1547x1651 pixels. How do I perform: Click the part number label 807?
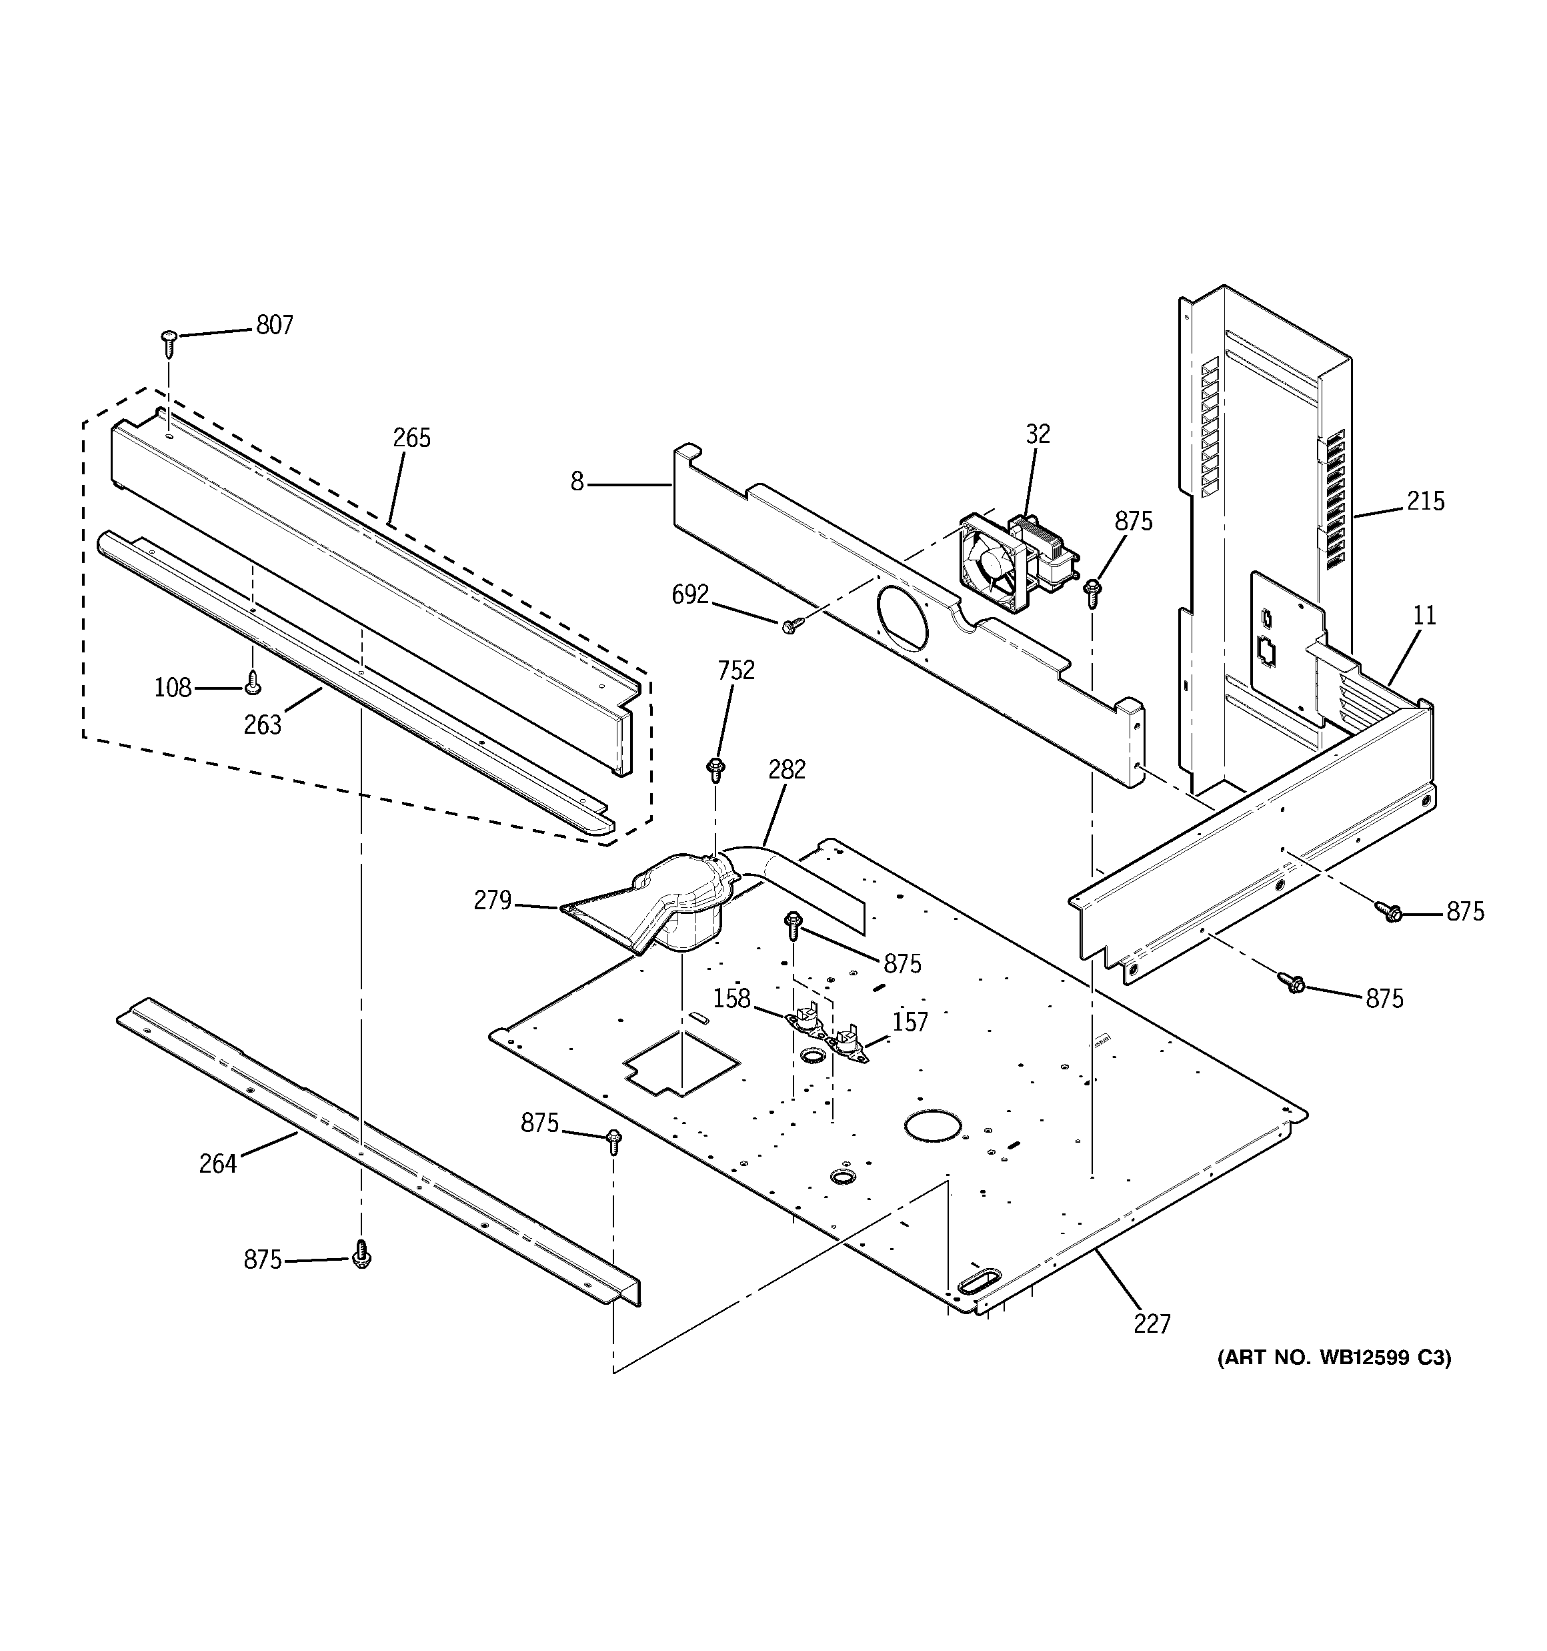(274, 325)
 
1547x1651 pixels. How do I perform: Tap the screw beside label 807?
(169, 340)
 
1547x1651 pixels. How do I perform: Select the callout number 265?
(412, 438)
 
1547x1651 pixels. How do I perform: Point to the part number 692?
(690, 594)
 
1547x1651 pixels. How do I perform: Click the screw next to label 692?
(790, 625)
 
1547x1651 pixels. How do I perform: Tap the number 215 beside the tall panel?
(1425, 501)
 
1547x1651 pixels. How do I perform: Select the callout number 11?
(1424, 616)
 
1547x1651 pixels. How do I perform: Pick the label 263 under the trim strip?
(263, 725)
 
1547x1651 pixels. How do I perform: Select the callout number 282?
(786, 770)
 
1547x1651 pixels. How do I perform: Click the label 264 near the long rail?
(217, 1164)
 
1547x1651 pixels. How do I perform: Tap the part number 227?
(1152, 1323)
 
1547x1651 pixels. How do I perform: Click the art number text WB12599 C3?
(1334, 1358)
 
